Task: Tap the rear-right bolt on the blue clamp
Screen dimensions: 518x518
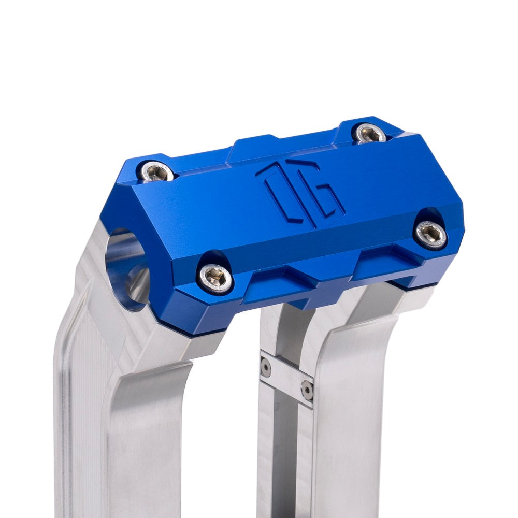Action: (369, 134)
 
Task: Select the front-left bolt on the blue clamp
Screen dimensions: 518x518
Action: (215, 279)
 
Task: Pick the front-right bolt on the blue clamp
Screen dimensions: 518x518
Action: (431, 234)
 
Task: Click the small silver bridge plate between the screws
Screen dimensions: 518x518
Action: (286, 377)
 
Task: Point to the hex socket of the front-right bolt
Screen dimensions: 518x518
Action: (431, 234)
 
